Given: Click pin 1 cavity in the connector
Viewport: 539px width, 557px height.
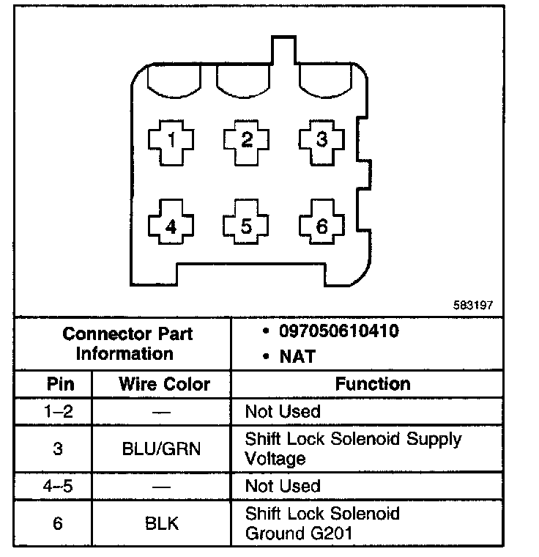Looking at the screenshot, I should [x=171, y=139].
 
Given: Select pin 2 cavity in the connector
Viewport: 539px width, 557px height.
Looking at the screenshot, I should [x=247, y=139].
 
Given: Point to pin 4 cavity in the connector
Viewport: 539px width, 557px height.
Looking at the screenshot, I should [x=171, y=226].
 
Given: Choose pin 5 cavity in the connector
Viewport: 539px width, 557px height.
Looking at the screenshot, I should [x=247, y=226].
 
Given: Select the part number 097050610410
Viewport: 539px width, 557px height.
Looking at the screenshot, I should [x=338, y=332].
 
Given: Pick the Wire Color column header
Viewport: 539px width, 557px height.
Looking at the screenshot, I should [x=164, y=384].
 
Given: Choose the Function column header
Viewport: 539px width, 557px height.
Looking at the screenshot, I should [x=373, y=383].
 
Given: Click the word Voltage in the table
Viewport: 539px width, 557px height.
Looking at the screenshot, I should [x=275, y=460].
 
